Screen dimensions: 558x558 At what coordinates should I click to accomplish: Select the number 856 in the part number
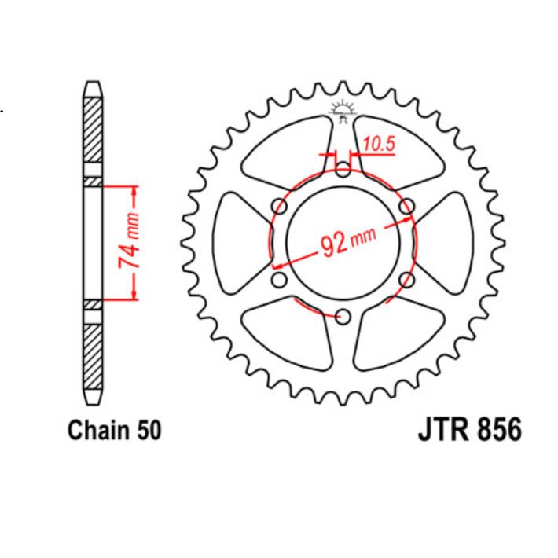497,431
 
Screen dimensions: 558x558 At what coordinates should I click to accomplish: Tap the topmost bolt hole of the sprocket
343,168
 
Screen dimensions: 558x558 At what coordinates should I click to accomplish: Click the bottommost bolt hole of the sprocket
343,316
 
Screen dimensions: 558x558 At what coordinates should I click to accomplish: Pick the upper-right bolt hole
407,205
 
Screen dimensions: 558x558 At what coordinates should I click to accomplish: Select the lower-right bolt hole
407,279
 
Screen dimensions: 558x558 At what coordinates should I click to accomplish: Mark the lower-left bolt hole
278,279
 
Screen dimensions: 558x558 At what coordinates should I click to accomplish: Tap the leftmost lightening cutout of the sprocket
236,242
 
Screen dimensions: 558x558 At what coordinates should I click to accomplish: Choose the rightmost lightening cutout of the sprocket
450,242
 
